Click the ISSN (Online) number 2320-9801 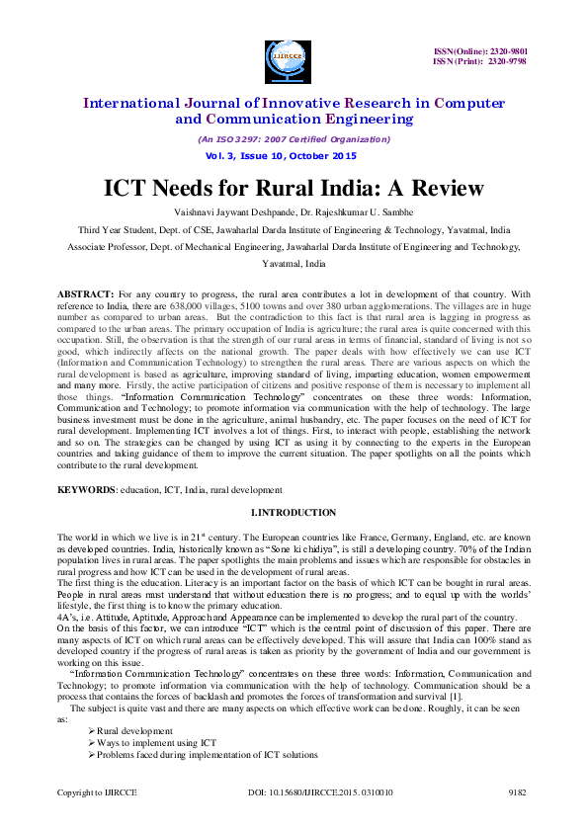(x=513, y=51)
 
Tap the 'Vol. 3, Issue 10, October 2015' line (x=281, y=156)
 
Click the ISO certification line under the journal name (x=282, y=139)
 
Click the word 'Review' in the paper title (x=443, y=188)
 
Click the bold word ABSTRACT (x=83, y=294)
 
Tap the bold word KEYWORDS (x=84, y=489)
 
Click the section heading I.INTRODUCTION (x=294, y=512)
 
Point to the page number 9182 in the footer (x=516, y=792)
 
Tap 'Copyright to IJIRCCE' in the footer (x=96, y=792)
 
